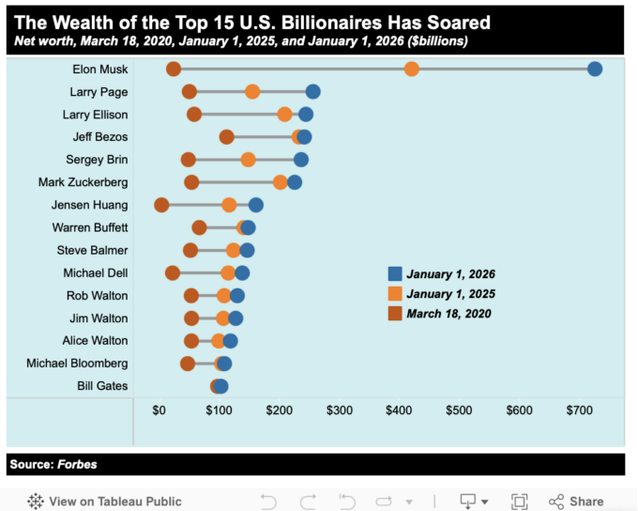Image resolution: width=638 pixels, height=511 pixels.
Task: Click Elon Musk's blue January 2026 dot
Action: (x=594, y=69)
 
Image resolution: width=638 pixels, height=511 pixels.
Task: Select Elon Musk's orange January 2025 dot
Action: (x=411, y=69)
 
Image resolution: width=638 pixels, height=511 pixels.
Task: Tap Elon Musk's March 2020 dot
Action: (x=174, y=69)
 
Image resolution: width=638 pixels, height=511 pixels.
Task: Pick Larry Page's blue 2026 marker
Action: (x=312, y=91)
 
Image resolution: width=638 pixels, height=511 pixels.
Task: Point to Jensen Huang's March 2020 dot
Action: (x=161, y=205)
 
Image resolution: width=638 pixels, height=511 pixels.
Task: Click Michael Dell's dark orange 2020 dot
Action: (x=173, y=272)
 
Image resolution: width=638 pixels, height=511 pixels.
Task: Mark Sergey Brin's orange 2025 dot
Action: (x=248, y=160)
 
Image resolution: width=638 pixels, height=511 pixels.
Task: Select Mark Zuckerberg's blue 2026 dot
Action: (x=295, y=182)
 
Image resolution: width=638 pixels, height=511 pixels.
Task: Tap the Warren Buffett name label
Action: (x=90, y=227)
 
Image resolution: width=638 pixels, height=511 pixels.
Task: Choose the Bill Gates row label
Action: (x=103, y=386)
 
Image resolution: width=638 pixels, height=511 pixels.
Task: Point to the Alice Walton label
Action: (x=96, y=340)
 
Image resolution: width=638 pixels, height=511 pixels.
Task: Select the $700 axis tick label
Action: (x=579, y=410)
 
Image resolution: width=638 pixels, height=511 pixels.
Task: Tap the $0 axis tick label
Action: (x=159, y=410)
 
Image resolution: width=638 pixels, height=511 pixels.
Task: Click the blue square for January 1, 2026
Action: (x=396, y=273)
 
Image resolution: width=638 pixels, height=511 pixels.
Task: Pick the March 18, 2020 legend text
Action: (x=448, y=314)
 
